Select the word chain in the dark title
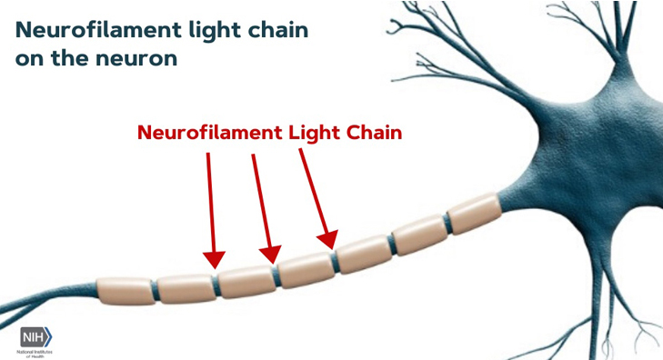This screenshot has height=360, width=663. click(278, 30)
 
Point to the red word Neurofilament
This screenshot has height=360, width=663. click(208, 132)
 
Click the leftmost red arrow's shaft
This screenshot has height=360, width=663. click(211, 200)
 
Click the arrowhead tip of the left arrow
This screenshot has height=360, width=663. click(214, 266)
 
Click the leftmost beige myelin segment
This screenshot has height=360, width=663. click(125, 290)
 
